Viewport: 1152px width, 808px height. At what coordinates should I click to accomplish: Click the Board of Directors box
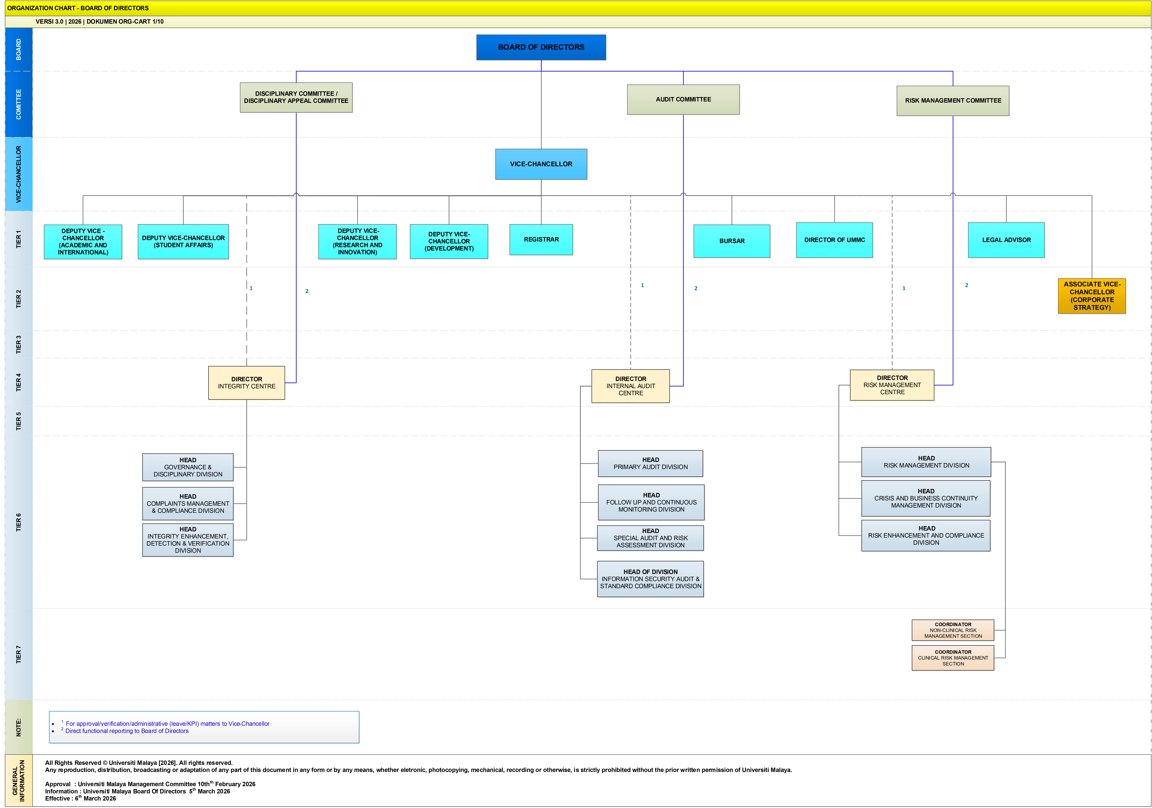coord(541,47)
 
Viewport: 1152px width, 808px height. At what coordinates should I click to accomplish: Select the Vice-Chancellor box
coord(541,164)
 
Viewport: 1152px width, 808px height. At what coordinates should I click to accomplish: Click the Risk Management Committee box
coord(953,100)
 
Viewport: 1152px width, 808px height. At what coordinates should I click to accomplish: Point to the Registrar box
coord(541,239)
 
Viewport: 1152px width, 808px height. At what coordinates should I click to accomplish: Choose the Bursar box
coord(732,241)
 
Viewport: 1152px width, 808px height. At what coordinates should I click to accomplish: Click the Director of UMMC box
coord(834,240)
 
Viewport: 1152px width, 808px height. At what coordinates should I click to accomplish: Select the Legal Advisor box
coord(1006,240)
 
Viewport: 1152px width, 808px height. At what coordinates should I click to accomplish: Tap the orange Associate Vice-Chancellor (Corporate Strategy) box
coord(1092,296)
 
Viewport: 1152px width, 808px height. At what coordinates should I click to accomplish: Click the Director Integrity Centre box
coord(246,383)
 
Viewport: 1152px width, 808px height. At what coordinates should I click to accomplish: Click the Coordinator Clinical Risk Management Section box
coord(953,658)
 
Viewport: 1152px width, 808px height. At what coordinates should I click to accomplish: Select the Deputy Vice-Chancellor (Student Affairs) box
coord(183,241)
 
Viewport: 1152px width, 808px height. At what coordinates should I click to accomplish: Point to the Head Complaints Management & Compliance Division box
coord(188,504)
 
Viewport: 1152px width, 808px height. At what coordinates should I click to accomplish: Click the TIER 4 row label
coord(19,382)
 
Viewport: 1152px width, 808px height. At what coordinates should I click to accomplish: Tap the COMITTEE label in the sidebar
coord(19,104)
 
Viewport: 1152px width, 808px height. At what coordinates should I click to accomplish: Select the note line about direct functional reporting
coord(126,731)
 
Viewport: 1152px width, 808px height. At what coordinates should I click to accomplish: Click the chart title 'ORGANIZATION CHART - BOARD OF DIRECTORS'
coord(78,8)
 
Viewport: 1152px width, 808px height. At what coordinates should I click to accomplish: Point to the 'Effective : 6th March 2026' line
coord(80,798)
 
